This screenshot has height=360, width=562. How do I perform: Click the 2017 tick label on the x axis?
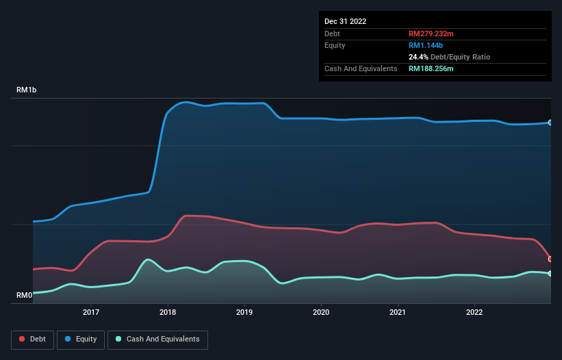(91, 313)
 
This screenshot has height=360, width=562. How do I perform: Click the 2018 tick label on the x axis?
(168, 313)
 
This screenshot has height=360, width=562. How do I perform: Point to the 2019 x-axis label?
(244, 313)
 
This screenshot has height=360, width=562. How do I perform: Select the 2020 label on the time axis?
(321, 313)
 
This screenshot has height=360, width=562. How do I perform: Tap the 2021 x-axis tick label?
(398, 313)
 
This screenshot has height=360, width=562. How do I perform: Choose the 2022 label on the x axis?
(474, 313)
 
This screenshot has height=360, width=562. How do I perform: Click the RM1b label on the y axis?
(28, 90)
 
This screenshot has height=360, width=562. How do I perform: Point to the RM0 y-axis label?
(25, 296)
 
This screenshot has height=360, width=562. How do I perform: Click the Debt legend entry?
(32, 339)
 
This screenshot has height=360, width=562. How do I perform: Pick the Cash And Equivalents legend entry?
(157, 339)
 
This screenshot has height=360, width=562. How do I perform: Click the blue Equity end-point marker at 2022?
(550, 123)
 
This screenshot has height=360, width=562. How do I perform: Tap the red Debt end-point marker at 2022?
(550, 259)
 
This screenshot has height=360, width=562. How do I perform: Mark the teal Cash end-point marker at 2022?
(550, 274)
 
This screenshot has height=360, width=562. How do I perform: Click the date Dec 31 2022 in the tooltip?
(345, 21)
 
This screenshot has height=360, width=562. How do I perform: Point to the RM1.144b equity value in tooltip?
(426, 45)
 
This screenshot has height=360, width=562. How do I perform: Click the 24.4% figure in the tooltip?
(420, 57)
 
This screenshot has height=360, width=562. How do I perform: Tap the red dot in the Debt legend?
(23, 339)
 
